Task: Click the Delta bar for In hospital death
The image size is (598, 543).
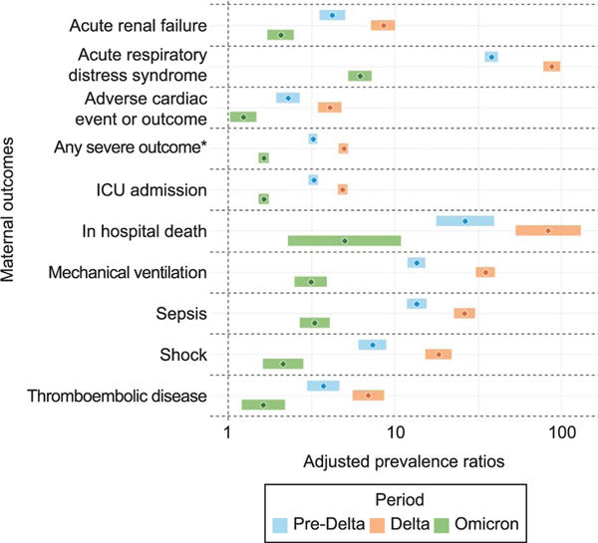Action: pyautogui.click(x=548, y=231)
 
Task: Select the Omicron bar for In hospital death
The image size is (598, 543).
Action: pyautogui.click(x=344, y=241)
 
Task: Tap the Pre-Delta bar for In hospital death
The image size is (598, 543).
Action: pyautogui.click(x=464, y=220)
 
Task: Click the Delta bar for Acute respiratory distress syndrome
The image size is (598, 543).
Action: pyautogui.click(x=551, y=67)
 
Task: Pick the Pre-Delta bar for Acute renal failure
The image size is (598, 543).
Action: pyautogui.click(x=332, y=16)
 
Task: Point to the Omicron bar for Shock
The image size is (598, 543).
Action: pyautogui.click(x=283, y=364)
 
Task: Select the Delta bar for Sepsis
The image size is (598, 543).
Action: pyautogui.click(x=464, y=313)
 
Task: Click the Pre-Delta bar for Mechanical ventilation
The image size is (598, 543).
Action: pyautogui.click(x=417, y=262)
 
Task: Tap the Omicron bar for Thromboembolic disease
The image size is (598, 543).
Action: pyautogui.click(x=263, y=405)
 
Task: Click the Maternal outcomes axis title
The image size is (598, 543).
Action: pyautogui.click(x=11, y=212)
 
